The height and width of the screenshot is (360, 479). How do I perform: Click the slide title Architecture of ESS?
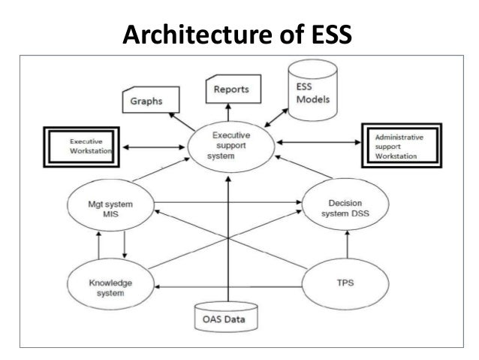pyautogui.click(x=238, y=33)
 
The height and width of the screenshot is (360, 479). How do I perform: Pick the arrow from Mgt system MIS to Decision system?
pyautogui.click(x=225, y=201)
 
